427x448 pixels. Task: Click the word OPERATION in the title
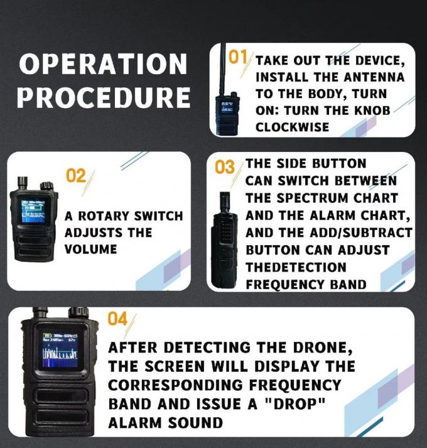(x=102, y=64)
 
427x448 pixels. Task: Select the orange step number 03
(x=224, y=168)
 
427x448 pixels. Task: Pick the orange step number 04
(x=117, y=319)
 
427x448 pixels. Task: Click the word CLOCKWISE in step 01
(x=292, y=126)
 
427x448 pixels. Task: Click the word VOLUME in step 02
(x=90, y=249)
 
